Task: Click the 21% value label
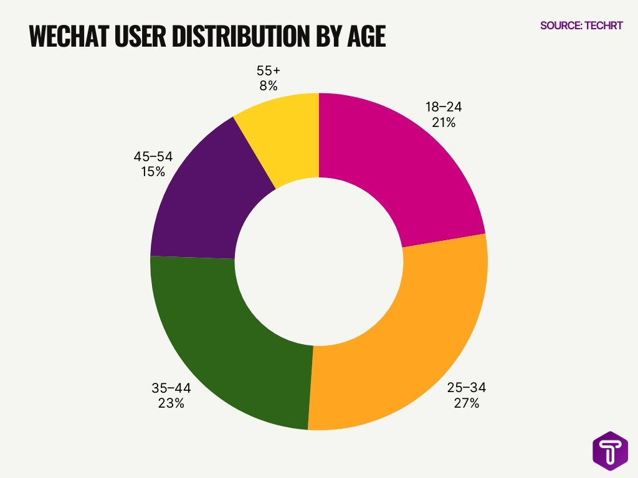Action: [444, 123]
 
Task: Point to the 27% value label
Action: [466, 403]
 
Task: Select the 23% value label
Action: [171, 403]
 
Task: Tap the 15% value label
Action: [153, 172]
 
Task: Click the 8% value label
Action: [269, 86]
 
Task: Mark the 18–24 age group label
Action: [444, 107]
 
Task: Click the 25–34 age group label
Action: [466, 388]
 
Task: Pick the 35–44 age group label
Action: [171, 388]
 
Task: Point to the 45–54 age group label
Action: [153, 156]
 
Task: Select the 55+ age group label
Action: [269, 70]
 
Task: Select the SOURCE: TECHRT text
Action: [581, 26]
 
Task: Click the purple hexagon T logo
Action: [609, 449]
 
